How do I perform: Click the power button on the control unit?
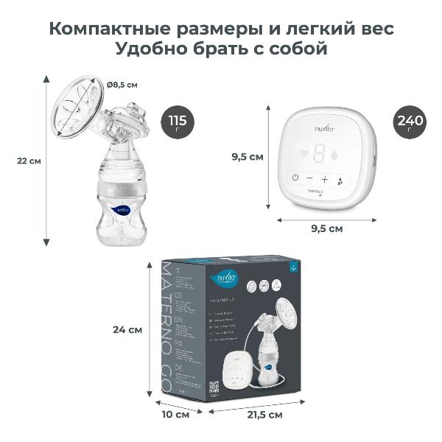[x=295, y=178]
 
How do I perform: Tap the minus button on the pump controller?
[x=309, y=178]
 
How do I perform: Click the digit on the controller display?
[x=321, y=152]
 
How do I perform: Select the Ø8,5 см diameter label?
[x=122, y=85]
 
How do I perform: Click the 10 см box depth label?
[x=175, y=415]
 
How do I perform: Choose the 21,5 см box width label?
[x=265, y=415]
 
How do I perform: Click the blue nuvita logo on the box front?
[x=222, y=277]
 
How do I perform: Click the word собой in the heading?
[x=295, y=51]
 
